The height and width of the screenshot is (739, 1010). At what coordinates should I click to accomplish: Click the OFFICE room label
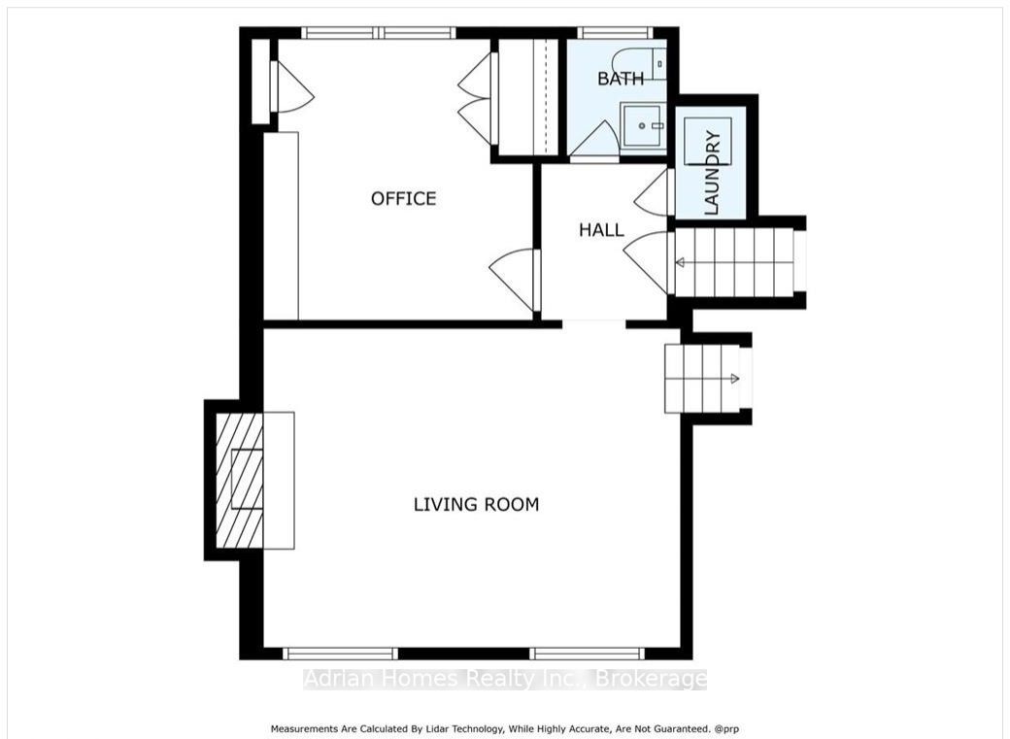coord(403,198)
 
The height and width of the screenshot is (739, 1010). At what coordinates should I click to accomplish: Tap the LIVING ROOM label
coord(476,504)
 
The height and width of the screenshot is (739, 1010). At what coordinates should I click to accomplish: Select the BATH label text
coord(621,79)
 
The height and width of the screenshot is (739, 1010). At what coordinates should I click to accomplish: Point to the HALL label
coord(601,230)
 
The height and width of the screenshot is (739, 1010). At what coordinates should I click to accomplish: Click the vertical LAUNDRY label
coord(712,172)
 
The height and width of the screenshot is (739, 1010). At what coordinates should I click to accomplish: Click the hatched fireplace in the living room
coord(239,481)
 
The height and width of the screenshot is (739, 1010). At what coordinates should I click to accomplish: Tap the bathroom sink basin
coord(642,126)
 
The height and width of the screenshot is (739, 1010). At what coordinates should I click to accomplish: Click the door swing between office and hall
coord(513,281)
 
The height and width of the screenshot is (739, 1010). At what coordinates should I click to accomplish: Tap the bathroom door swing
coord(594,139)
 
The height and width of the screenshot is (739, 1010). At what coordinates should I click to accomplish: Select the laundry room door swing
coord(652,192)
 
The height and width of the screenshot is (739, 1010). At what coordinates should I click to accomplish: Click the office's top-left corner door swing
coord(293,87)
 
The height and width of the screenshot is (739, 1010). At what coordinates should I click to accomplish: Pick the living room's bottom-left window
coord(341,654)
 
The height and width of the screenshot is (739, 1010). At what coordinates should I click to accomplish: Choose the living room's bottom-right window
coord(587,654)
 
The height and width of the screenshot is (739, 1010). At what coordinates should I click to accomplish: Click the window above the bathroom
coord(615,33)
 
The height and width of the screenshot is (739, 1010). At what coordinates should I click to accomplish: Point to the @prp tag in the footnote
coord(726,729)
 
